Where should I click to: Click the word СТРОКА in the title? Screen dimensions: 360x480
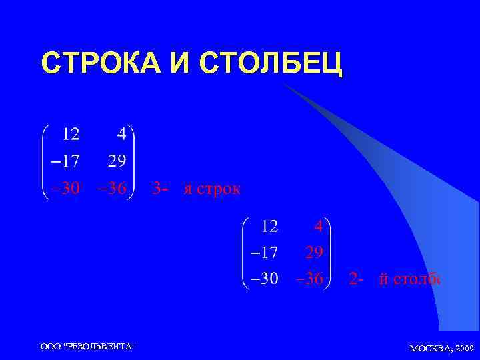pos(96,64)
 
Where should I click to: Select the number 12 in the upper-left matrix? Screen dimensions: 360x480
pos(71,135)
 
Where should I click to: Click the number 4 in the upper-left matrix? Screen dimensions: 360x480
pos(121,135)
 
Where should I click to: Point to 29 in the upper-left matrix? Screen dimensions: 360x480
pos(116,161)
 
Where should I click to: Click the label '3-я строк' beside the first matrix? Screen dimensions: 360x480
pos(196,188)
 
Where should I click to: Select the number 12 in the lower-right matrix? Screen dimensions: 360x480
pos(269,227)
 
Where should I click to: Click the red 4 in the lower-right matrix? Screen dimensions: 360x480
pos(319,227)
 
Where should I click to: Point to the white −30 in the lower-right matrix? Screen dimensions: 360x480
pos(264,279)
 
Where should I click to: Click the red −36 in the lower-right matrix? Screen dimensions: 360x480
pos(309,279)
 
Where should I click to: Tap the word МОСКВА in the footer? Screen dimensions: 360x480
pos(431,348)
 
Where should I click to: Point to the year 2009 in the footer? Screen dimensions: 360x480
pos(464,348)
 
